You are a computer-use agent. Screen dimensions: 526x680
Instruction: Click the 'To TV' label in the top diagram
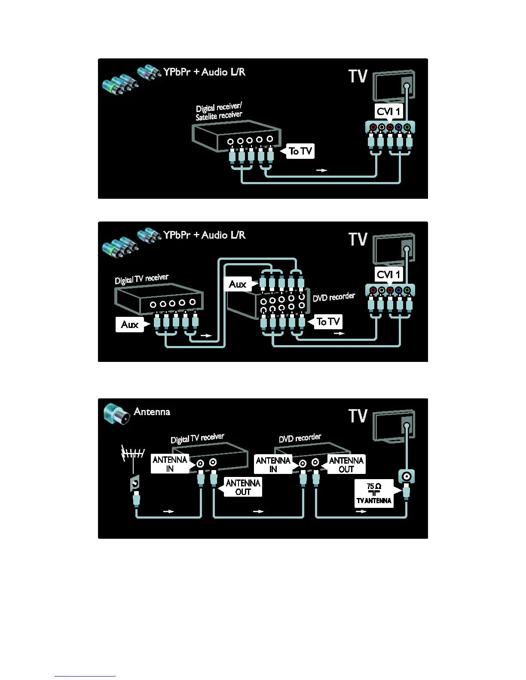click(x=300, y=151)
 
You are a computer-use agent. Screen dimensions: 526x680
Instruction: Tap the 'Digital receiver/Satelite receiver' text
click(x=219, y=112)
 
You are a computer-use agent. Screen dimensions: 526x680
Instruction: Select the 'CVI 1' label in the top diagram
click(x=388, y=112)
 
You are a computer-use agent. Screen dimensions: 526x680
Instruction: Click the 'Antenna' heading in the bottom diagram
click(x=152, y=412)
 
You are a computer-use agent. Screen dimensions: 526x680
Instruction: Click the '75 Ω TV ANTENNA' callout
click(x=374, y=494)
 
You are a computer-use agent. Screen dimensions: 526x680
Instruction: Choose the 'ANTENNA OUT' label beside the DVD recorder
click(x=346, y=464)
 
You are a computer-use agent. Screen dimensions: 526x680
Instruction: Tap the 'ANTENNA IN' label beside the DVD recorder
click(x=273, y=464)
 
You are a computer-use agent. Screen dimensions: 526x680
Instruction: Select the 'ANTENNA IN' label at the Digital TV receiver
click(x=170, y=464)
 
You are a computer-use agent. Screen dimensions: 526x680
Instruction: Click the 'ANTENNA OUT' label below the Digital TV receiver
click(x=243, y=487)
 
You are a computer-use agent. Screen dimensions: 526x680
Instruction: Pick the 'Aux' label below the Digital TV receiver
click(x=130, y=325)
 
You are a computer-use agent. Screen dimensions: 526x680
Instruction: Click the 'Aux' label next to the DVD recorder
click(x=237, y=284)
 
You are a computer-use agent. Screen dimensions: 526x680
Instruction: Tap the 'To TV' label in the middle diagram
click(x=328, y=322)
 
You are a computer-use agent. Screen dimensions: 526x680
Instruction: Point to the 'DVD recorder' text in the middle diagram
click(x=333, y=297)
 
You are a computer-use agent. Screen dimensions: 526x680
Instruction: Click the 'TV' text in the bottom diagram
click(x=358, y=416)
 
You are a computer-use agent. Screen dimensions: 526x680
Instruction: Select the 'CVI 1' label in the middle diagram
click(x=388, y=275)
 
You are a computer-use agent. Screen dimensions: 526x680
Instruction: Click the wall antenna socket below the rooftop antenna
click(x=135, y=484)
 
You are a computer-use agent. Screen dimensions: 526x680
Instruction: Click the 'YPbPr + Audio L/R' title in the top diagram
click(x=204, y=72)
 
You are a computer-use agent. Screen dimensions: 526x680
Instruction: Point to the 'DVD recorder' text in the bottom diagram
click(x=300, y=438)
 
